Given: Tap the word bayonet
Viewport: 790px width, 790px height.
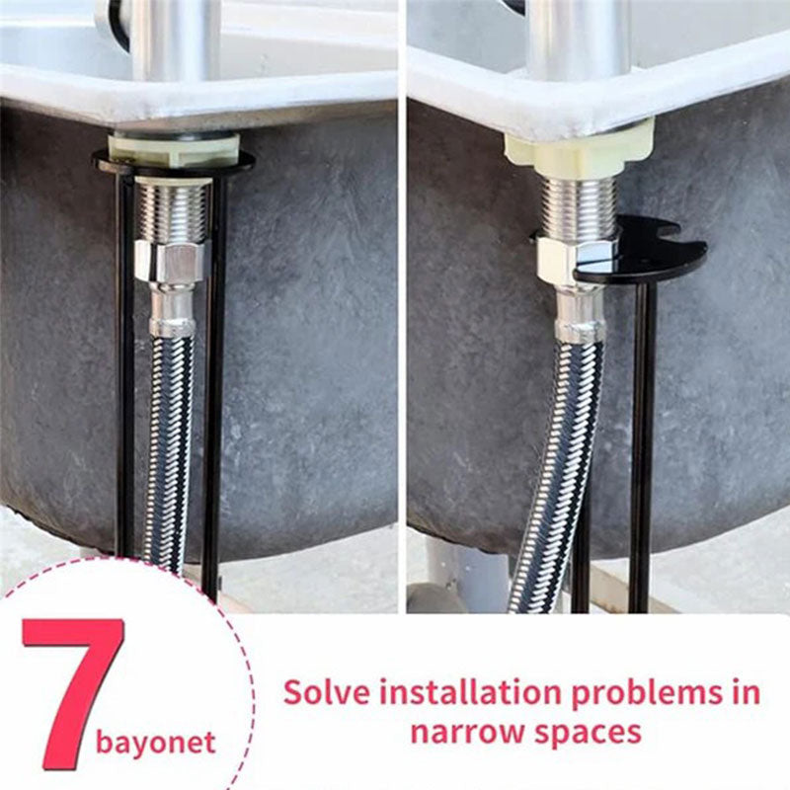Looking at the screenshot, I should [x=155, y=742].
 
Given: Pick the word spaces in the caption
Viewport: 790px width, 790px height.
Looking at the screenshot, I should [x=589, y=734].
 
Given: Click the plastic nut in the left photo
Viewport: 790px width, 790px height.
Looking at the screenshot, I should [x=173, y=148].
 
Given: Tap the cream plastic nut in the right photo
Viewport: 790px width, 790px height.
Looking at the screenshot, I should [x=579, y=148].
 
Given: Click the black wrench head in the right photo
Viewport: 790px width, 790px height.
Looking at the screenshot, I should [x=652, y=252].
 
